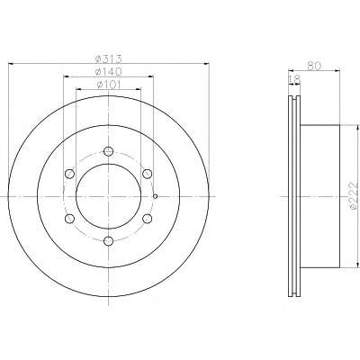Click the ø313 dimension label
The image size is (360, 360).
coord(108,58)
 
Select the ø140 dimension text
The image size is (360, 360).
coord(108,72)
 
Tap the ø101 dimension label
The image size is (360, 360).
coord(108,85)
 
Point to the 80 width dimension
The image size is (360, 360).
coord(314,66)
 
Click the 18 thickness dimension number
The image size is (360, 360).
coord(294,79)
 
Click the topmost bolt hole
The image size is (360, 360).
coord(108,151)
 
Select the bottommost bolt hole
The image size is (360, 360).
coord(108,240)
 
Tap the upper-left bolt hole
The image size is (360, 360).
coord(69,174)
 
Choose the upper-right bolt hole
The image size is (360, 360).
coord(147,174)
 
